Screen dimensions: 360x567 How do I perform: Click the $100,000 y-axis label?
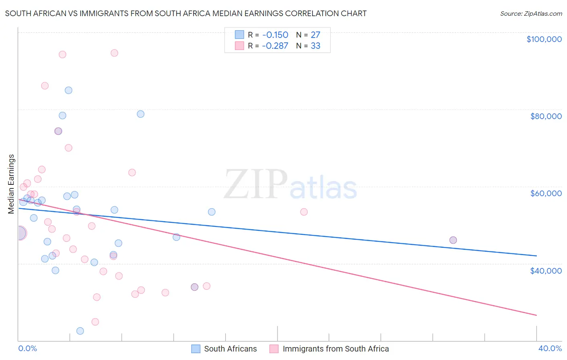(544, 39)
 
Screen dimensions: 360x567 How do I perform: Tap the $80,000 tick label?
(546, 116)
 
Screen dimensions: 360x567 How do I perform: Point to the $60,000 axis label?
(546, 193)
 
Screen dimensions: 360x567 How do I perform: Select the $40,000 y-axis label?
(546, 271)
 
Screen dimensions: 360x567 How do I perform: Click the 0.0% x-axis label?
(27, 348)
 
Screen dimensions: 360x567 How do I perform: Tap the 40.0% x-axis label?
(550, 348)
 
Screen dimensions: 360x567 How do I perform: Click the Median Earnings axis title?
(11, 184)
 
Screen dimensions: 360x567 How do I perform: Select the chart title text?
(186, 13)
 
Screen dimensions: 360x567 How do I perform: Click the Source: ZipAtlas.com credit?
(531, 13)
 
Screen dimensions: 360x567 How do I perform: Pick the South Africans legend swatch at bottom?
(196, 349)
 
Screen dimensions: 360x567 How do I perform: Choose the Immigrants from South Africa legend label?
(336, 349)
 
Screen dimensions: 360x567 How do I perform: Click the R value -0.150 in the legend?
(275, 35)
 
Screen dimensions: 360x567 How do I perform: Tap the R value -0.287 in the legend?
(275, 46)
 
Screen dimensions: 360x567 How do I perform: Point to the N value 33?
(315, 46)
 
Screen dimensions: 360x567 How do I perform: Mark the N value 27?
(315, 35)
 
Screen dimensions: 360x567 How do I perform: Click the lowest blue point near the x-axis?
(80, 331)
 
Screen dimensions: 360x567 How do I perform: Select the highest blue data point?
(69, 90)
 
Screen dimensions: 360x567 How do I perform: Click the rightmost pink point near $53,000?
(304, 212)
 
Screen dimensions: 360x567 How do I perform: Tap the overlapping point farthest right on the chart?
(453, 240)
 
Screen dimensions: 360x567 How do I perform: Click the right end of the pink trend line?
(536, 315)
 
